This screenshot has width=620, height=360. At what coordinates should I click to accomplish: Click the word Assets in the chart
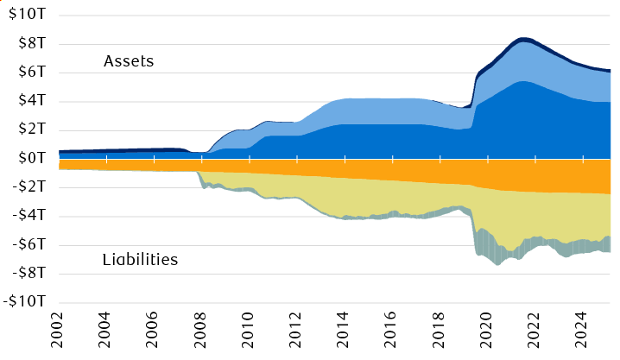pos(128,61)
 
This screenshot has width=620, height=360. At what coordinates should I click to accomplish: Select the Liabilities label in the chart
pos(140,259)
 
